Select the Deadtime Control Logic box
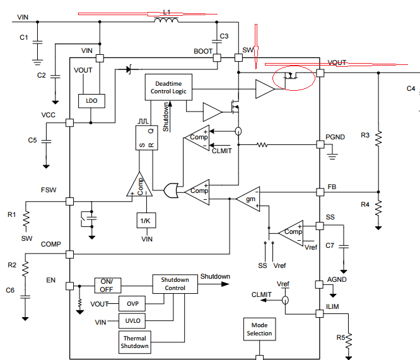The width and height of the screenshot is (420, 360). coord(167,87)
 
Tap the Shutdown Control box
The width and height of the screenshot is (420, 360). coord(175,284)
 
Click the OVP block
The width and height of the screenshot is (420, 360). coord(132,303)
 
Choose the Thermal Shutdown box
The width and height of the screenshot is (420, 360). coord(136,342)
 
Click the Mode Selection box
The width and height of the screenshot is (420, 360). coord(259,330)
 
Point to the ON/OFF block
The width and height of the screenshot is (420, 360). coord(108,286)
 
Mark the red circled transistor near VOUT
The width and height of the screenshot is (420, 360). coord(293,78)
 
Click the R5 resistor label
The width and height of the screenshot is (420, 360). coord(341,338)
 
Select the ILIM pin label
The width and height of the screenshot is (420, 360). coord(333,306)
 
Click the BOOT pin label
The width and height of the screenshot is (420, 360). coord(203,51)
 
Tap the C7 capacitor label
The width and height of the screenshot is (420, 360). coord(330,245)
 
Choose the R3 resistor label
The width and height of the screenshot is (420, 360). coord(365,135)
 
